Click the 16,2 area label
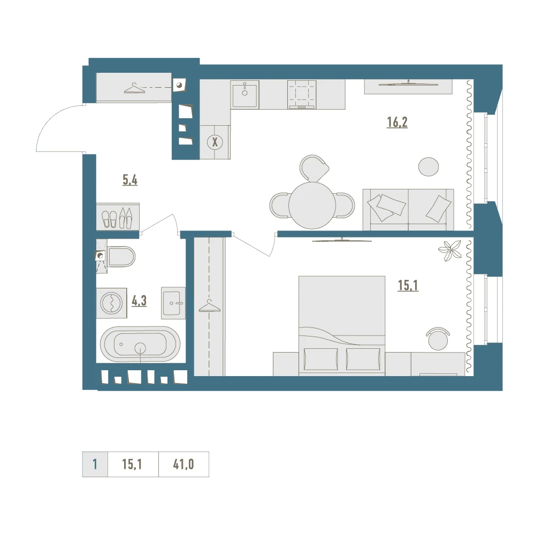[x=397, y=122]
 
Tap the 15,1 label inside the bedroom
[x=408, y=285]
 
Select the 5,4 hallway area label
[x=130, y=179]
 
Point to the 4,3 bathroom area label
[x=139, y=301]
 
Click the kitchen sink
[x=244, y=94]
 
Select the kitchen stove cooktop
[x=302, y=95]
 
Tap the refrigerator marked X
[x=215, y=142]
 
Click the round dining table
[x=312, y=205]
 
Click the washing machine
[x=112, y=303]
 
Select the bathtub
[x=140, y=344]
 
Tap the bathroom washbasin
[x=173, y=303]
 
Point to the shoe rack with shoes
[x=118, y=217]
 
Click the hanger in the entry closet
[x=134, y=88]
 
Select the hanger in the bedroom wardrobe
[x=210, y=305]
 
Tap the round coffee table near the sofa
[x=429, y=166]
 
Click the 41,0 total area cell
[x=184, y=464]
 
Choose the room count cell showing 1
[x=95, y=464]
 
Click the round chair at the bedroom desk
[x=438, y=339]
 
